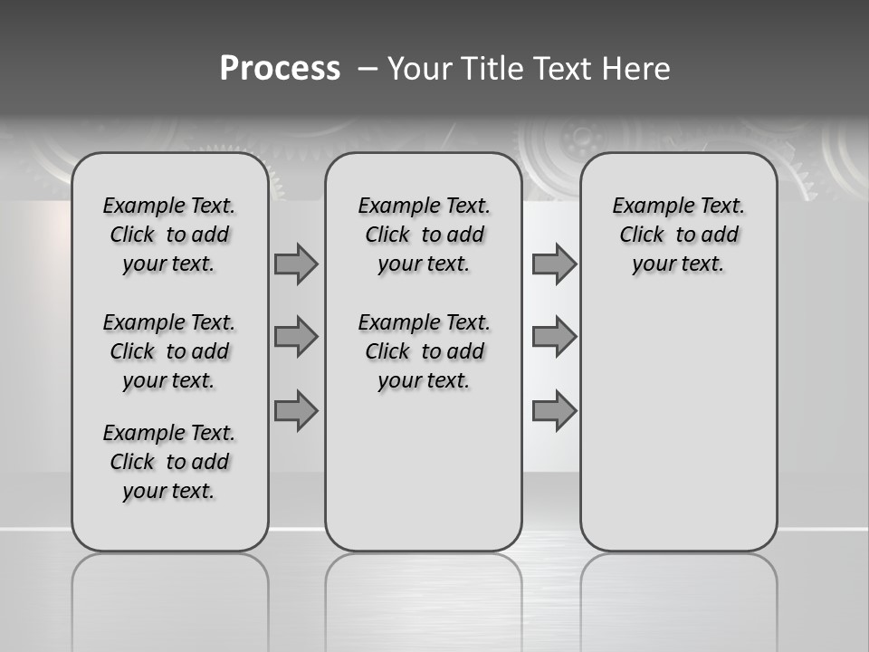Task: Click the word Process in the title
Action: point(280,69)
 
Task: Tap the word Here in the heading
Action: point(635,69)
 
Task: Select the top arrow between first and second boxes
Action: point(296,264)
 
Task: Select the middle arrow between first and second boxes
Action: point(296,337)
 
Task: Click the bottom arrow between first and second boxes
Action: point(296,410)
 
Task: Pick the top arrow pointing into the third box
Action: point(554,264)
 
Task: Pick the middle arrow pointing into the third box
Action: point(554,337)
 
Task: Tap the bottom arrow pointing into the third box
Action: point(554,410)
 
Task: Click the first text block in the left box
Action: point(169,235)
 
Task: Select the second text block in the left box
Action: point(169,351)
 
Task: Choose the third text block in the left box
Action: point(169,462)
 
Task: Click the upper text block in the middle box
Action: point(424,235)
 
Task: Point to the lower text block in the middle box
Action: point(424,351)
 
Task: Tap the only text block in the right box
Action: point(678,235)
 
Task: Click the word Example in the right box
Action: point(648,206)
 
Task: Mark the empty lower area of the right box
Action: point(678,417)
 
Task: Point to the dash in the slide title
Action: point(368,69)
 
